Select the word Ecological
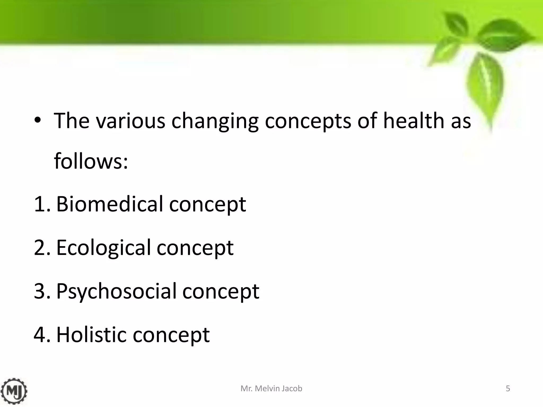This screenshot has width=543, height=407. (103, 248)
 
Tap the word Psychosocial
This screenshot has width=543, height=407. (116, 291)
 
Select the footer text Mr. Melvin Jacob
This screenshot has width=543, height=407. (271, 388)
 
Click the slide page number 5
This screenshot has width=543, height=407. (508, 388)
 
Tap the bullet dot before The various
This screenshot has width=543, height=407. (38, 120)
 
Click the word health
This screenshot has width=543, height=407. (414, 121)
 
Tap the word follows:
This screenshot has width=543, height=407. (91, 161)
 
